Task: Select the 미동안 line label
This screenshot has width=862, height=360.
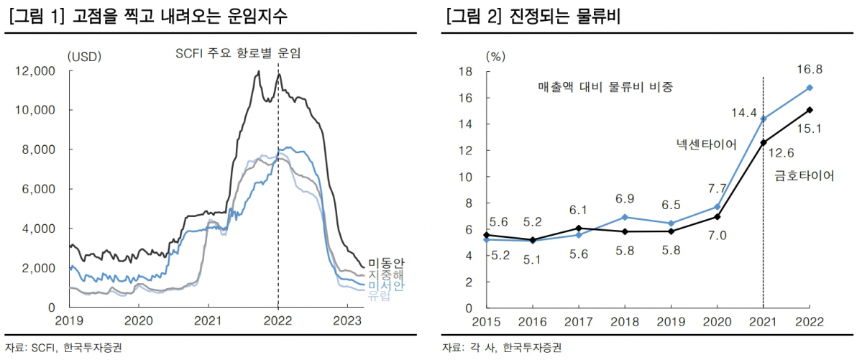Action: pos(386,264)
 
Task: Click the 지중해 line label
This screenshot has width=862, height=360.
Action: pos(386,275)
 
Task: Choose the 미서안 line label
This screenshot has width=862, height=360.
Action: pos(386,286)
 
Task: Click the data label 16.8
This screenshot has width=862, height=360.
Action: pos(809,70)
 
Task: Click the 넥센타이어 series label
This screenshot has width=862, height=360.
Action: pos(706,144)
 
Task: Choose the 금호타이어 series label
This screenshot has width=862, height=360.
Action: pos(804,175)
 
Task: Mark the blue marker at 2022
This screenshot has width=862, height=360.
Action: pos(810,88)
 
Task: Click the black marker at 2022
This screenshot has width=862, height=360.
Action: pos(810,110)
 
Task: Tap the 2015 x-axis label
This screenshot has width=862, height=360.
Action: pos(486,320)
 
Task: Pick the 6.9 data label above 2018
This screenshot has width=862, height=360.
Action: pos(625,198)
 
